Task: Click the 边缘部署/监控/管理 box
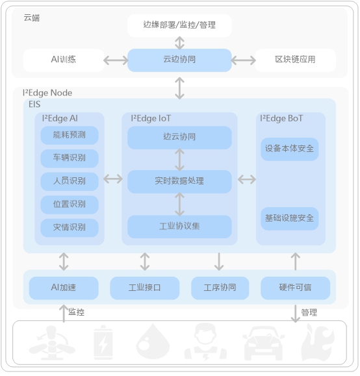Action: [179, 25]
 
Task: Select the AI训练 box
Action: [64, 60]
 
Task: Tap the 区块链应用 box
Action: [295, 60]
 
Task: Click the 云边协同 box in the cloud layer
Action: [179, 60]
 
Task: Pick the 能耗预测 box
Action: [70, 135]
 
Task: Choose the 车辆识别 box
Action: [70, 158]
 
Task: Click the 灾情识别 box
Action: [70, 228]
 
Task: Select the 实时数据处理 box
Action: [179, 182]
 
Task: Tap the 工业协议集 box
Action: [179, 227]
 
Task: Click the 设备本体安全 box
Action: [289, 149]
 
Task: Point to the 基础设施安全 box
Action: [289, 219]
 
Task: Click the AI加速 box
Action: [64, 288]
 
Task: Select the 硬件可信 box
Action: [295, 288]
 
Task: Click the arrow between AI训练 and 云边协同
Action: [116, 60]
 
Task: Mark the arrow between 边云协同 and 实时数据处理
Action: [179, 160]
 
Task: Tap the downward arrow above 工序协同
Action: [219, 261]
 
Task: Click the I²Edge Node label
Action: [47, 93]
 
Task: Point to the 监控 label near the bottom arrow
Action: [76, 312]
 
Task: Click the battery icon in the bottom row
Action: [103, 342]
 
